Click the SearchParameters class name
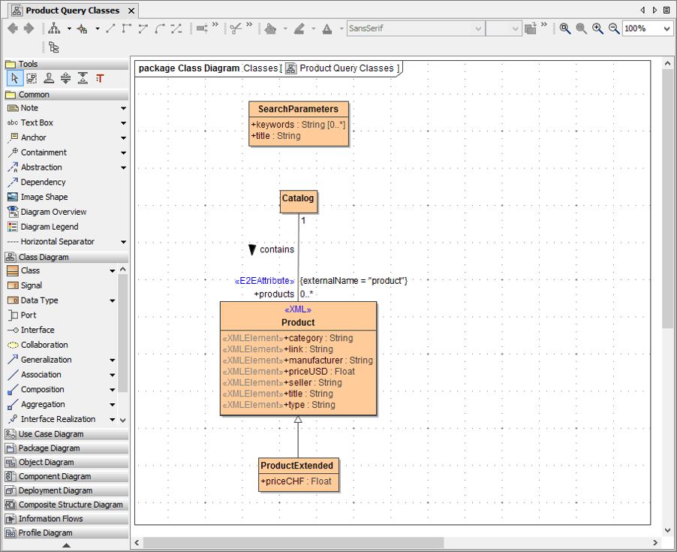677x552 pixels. pos(298,109)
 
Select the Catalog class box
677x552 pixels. pos(298,198)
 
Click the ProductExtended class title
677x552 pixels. pos(296,466)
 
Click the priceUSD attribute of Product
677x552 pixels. pos(319,371)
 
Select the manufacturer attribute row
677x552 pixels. pos(328,360)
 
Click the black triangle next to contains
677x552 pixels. pos(253,249)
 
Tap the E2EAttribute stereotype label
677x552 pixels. pos(265,281)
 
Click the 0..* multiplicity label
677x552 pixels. pos(307,294)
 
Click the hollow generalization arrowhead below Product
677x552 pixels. pos(298,421)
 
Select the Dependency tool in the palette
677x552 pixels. pos(43,182)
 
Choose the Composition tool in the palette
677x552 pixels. pos(42,390)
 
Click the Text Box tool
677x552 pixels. pos(37,122)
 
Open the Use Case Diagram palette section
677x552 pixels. pos(51,434)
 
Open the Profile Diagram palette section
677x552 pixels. pos(45,533)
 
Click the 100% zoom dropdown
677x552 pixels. pos(647,29)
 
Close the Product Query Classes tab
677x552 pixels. pos(131,11)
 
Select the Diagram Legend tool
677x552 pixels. pos(49,227)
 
